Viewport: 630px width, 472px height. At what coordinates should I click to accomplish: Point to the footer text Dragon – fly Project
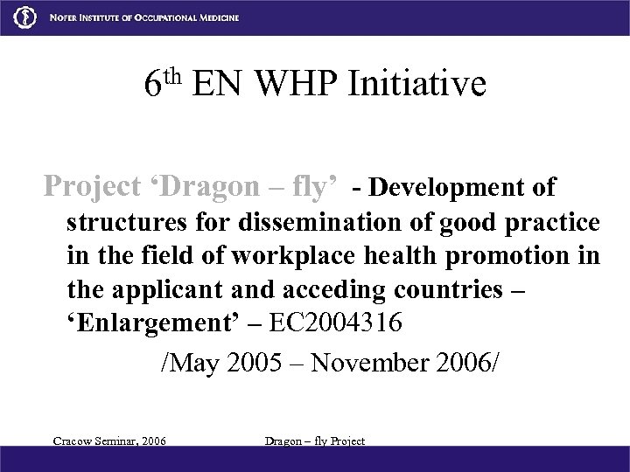pyautogui.click(x=314, y=441)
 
